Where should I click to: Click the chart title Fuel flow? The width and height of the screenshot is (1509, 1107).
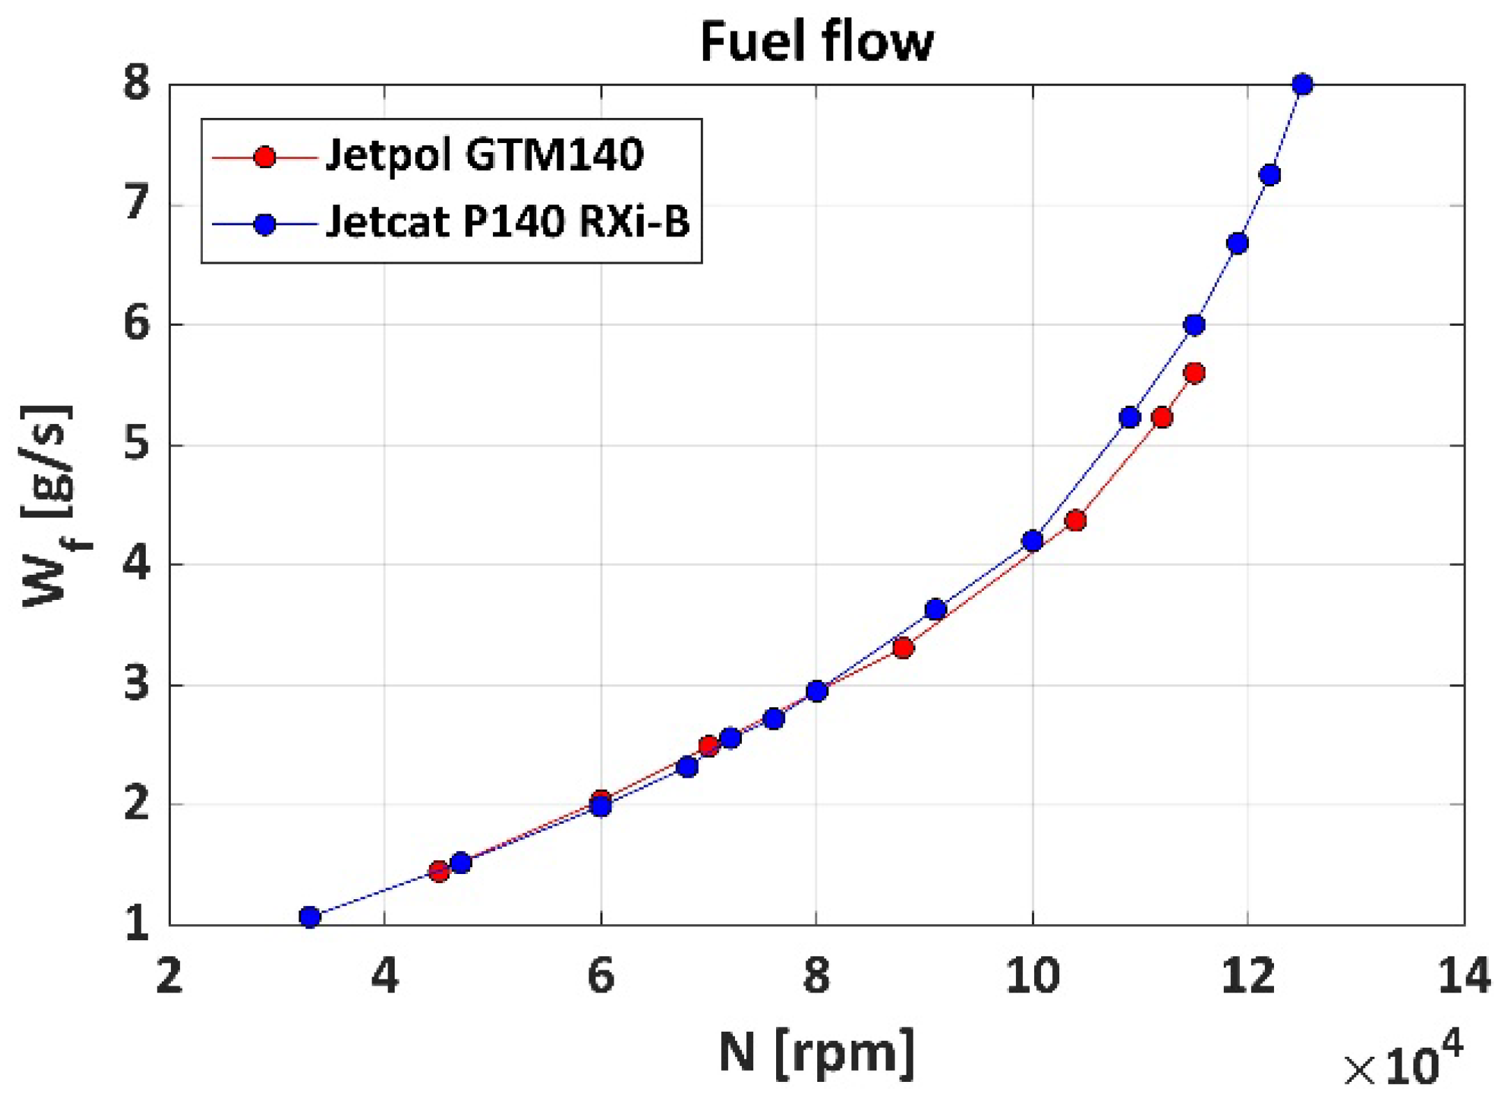816,42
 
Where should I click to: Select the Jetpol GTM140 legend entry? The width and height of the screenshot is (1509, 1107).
484,156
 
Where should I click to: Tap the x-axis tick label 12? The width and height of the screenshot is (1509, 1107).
1248,975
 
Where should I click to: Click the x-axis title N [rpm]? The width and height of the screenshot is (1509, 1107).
816,1052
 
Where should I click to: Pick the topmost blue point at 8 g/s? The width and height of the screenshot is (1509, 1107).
1302,84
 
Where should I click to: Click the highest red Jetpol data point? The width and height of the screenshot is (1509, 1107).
1194,373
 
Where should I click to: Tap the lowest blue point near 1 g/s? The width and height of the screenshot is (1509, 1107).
310,917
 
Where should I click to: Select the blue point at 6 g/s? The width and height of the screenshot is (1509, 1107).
1194,325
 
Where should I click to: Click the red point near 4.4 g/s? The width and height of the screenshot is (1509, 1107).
1075,520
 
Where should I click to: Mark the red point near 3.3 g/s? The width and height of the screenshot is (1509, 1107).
903,648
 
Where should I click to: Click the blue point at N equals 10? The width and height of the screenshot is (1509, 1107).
1032,541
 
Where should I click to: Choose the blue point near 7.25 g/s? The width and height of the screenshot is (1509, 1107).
1270,174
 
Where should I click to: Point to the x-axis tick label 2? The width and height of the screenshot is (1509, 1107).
169,975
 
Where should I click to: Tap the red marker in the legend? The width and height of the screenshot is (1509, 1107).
265,157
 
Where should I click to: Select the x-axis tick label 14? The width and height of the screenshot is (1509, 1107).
1463,975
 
